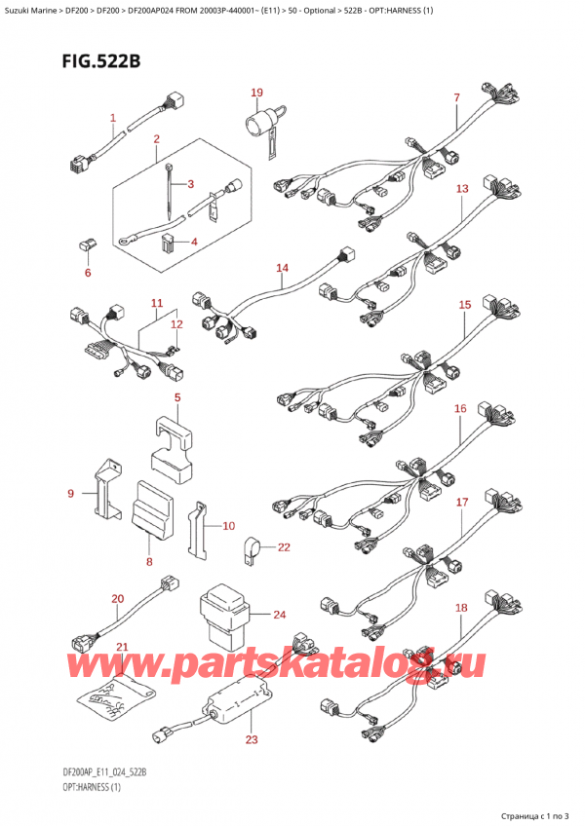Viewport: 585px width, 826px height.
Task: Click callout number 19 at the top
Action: pos(256,94)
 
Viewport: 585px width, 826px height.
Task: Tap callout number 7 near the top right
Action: pos(456,97)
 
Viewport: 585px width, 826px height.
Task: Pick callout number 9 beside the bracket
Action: pos(70,495)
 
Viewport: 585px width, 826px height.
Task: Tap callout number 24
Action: pos(280,615)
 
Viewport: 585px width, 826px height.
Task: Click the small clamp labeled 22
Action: pos(252,549)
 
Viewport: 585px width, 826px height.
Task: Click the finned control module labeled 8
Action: pos(152,507)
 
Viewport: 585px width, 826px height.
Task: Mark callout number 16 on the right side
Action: pos(460,409)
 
